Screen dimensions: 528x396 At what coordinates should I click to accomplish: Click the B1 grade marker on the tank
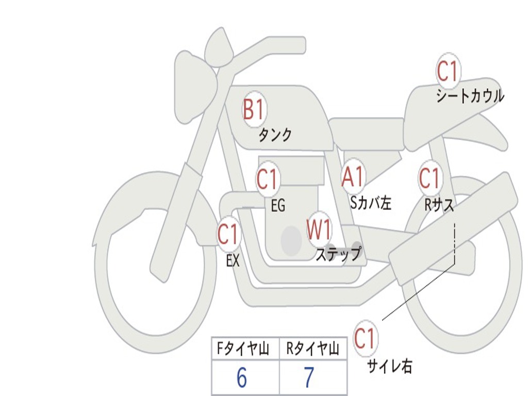pos(253,110)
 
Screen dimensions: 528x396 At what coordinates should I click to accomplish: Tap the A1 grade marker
pos(353,177)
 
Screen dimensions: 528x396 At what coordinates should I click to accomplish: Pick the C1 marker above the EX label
pos(228,235)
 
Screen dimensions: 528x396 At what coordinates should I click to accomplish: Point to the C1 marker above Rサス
pos(429,178)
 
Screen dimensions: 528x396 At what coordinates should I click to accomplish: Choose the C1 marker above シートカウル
pos(448,72)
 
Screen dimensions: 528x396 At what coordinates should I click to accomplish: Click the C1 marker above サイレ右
pos(365,339)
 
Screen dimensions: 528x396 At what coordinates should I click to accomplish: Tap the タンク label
pos(275,135)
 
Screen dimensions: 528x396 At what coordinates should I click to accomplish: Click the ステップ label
pos(338,254)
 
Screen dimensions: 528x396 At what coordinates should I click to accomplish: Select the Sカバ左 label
pos(371,203)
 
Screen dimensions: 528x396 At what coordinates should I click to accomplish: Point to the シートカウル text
pos(470,96)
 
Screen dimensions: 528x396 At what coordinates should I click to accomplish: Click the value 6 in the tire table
pos(241,378)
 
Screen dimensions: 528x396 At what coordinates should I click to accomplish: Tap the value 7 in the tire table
pos(308,378)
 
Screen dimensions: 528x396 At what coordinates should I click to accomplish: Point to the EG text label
pos(278,206)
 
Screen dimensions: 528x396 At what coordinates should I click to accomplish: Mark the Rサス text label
pos(439,205)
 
